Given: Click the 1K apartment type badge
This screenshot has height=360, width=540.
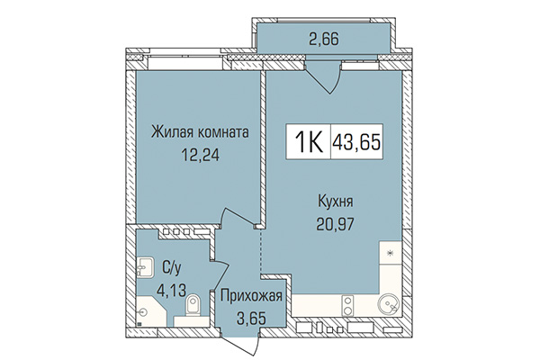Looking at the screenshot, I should pyautogui.click(x=305, y=143).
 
